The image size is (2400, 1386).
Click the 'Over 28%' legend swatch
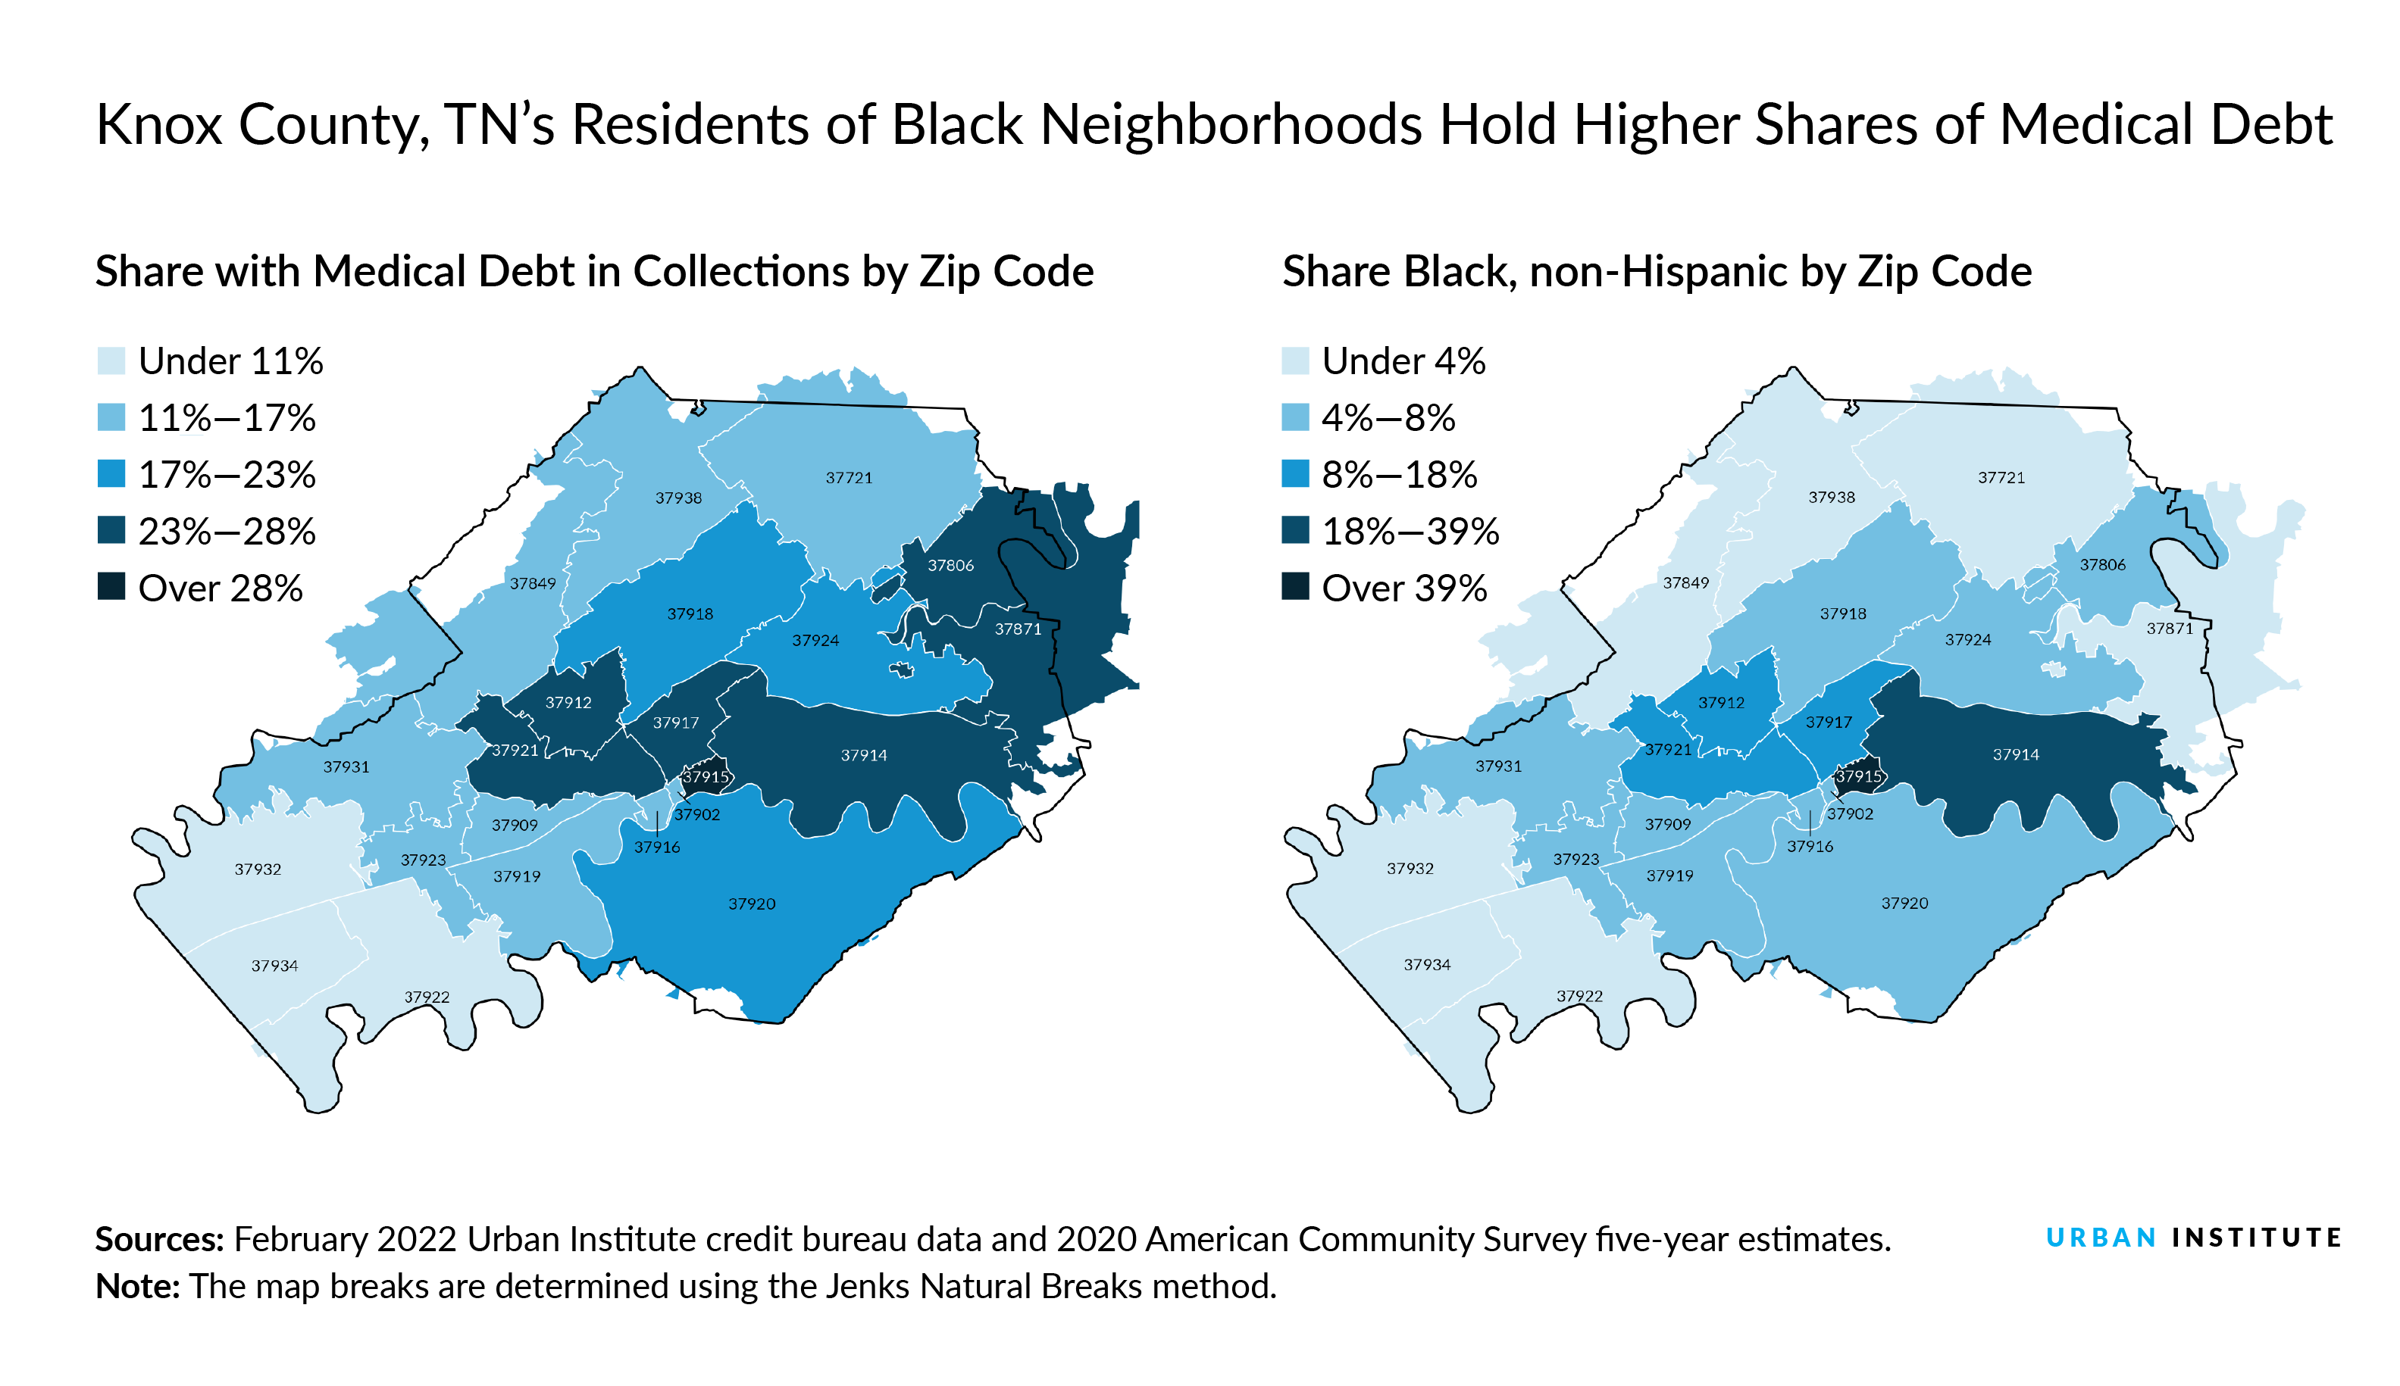pyautogui.click(x=111, y=587)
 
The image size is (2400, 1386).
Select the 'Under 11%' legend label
pyautogui.click(x=230, y=362)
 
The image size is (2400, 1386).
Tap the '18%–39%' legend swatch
pyautogui.click(x=1295, y=531)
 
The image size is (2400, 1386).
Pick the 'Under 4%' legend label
pyautogui.click(x=1403, y=362)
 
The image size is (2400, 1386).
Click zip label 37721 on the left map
pyautogui.click(x=849, y=478)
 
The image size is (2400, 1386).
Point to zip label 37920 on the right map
pyautogui.click(x=1904, y=904)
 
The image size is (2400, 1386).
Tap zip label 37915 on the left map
pyautogui.click(x=706, y=777)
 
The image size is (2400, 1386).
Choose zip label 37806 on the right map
pyautogui.click(x=2103, y=564)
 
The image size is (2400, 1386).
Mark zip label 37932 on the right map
pyautogui.click(x=1410, y=868)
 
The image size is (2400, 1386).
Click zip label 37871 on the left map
pyautogui.click(x=1018, y=629)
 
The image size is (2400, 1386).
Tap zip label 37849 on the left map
pyautogui.click(x=533, y=583)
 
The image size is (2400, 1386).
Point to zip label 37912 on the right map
pyautogui.click(x=1722, y=703)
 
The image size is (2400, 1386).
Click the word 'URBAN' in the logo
pyautogui.click(x=2101, y=1238)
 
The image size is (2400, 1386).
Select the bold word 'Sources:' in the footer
pyautogui.click(x=159, y=1239)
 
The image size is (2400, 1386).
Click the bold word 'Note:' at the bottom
pyautogui.click(x=137, y=1286)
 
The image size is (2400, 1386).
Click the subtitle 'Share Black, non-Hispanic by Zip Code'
pyautogui.click(x=1657, y=271)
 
